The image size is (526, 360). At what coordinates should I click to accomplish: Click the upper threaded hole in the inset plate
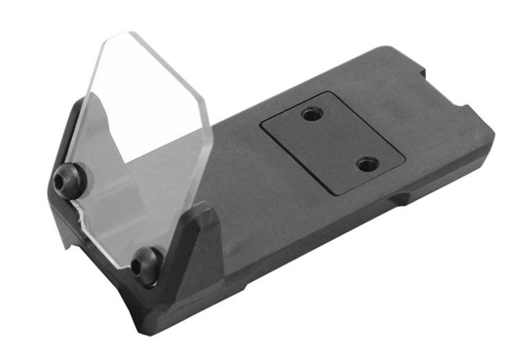pyautogui.click(x=310, y=113)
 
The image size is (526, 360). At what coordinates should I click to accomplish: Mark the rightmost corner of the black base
pyautogui.click(x=494, y=133)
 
